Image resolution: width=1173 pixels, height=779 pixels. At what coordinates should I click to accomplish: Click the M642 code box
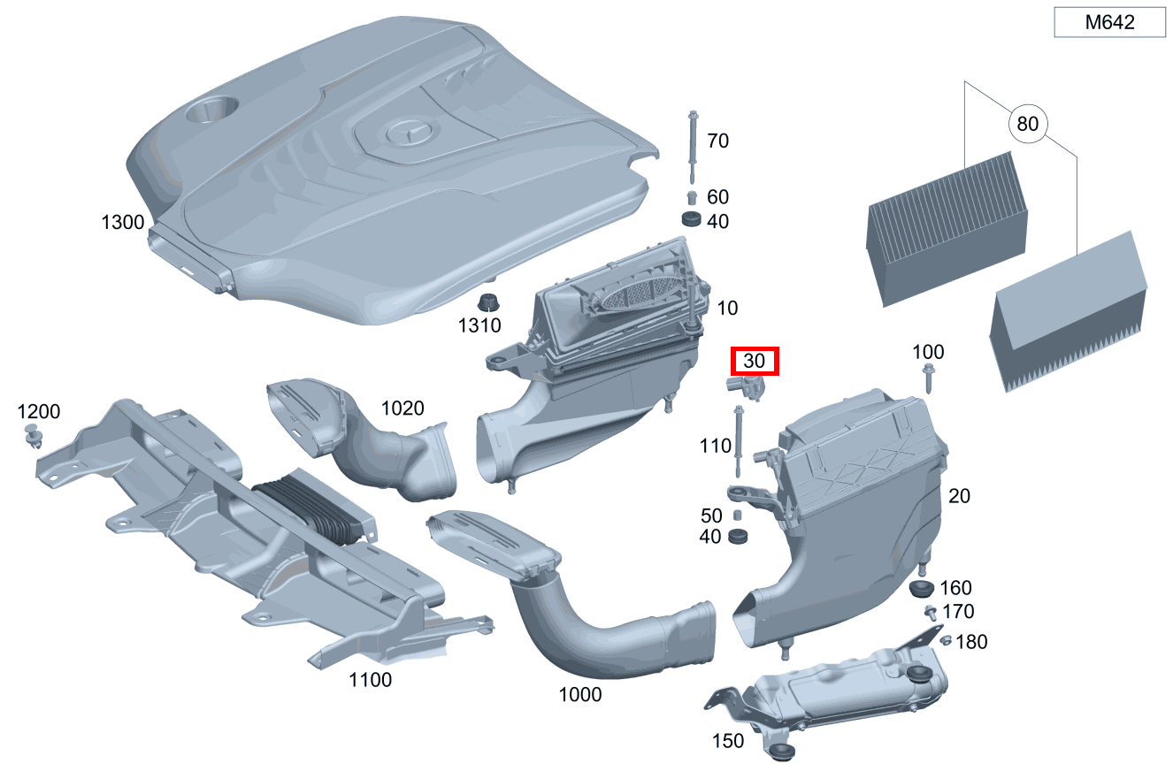point(1109,23)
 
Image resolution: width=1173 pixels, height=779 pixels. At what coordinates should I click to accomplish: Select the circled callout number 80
point(1027,124)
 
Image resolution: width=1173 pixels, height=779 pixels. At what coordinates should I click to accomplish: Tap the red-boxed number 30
point(754,361)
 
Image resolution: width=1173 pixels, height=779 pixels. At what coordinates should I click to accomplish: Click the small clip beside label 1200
point(34,435)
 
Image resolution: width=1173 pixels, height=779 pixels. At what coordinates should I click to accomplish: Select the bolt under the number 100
point(928,378)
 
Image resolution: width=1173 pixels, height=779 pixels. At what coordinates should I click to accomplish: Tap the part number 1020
point(402,409)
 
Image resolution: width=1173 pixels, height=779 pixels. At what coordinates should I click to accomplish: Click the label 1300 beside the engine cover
point(122,223)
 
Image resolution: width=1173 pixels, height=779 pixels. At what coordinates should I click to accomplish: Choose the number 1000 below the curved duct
point(580,695)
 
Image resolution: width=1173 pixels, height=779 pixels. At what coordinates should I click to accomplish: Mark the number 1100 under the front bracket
point(370,680)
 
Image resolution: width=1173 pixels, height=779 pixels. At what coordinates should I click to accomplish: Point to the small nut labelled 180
point(946,640)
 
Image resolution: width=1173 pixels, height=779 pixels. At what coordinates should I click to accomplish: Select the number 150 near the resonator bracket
point(728,741)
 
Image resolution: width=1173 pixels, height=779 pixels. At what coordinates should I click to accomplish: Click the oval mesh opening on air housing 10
point(635,293)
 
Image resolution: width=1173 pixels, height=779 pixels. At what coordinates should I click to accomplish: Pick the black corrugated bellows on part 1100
point(310,511)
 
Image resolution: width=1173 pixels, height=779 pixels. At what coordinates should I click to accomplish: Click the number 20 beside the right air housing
point(959,496)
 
